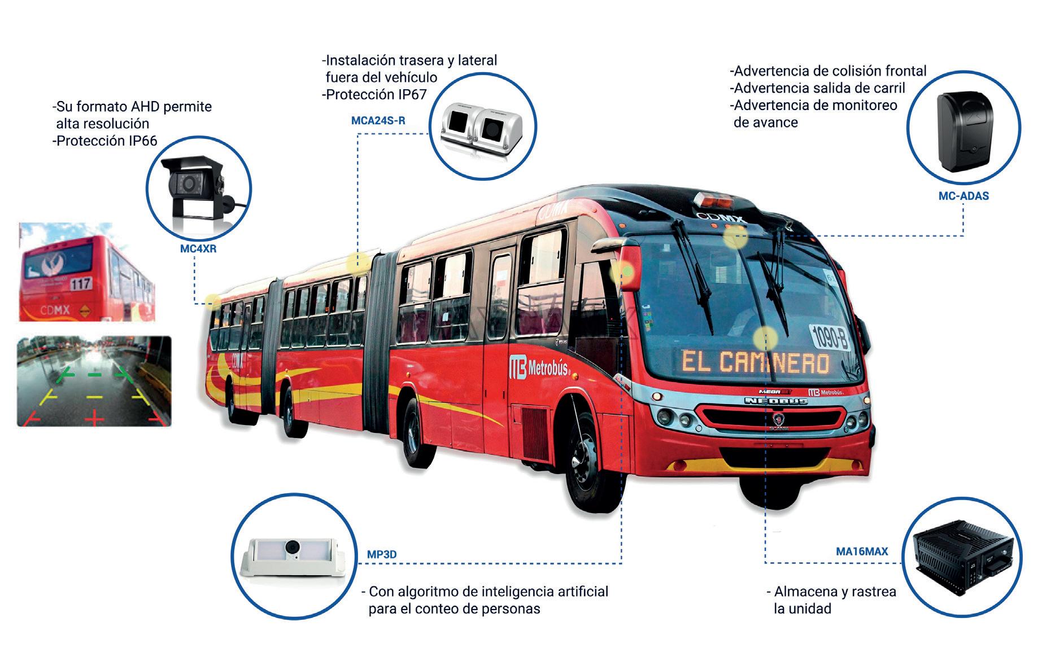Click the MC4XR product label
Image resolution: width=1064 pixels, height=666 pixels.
[x=198, y=248]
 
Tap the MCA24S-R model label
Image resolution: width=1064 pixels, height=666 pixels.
[x=378, y=121]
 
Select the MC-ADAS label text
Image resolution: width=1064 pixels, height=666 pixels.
[x=963, y=196]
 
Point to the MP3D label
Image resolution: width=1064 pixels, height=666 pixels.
[x=382, y=554]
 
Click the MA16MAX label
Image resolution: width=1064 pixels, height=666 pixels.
[x=862, y=551]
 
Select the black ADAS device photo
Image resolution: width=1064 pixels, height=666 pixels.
[x=963, y=131]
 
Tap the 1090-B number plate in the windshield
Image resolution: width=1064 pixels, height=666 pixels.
[x=830, y=337]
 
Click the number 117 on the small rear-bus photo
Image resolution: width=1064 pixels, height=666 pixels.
[x=81, y=283]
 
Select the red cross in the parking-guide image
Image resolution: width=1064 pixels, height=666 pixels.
[x=95, y=418]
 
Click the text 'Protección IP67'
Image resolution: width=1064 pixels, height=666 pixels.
[x=376, y=94]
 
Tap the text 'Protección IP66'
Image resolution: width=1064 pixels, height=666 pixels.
[x=106, y=141]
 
